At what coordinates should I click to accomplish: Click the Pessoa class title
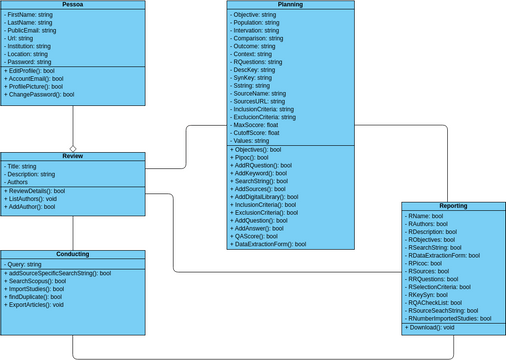[x=72, y=5]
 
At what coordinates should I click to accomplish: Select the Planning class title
[x=290, y=5]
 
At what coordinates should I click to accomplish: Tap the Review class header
[x=72, y=157]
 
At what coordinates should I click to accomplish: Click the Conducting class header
[x=72, y=255]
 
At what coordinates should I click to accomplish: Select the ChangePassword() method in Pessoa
[x=40, y=94]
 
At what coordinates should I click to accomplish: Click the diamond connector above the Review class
[x=72, y=145]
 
